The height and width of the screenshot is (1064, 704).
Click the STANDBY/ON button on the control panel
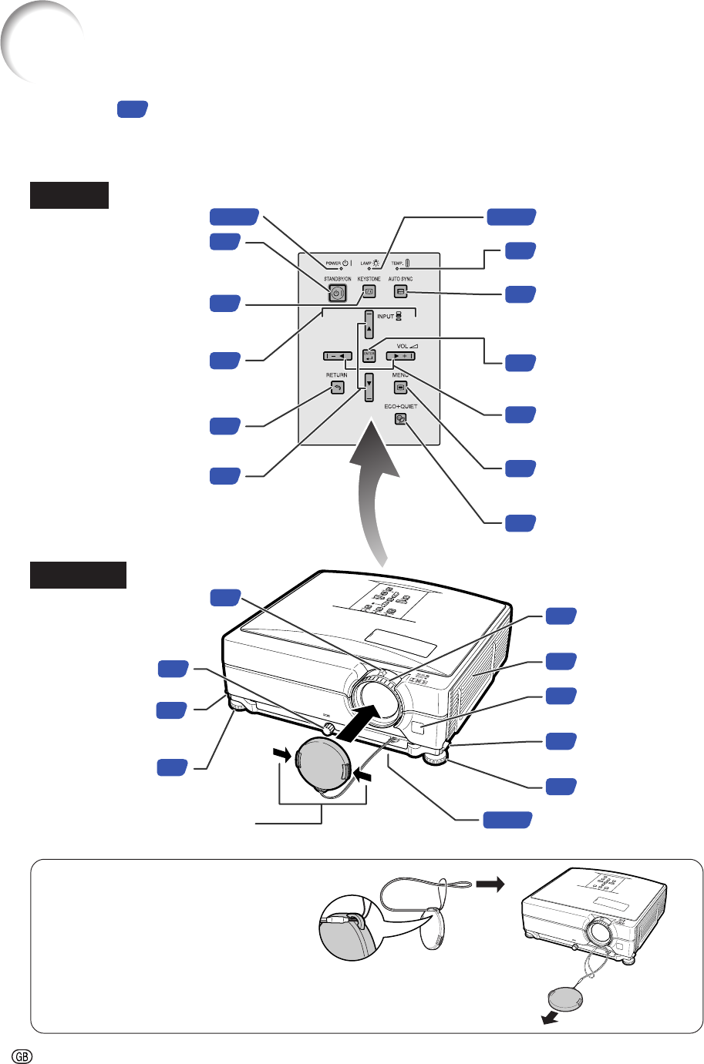tap(337, 293)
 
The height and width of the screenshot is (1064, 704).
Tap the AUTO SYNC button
tap(400, 292)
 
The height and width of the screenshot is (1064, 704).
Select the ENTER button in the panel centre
tap(369, 357)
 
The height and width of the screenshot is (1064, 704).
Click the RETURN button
tap(337, 388)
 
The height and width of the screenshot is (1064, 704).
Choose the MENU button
tap(400, 388)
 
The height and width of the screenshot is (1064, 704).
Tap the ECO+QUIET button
tap(399, 418)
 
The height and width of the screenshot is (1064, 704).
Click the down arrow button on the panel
tap(369, 385)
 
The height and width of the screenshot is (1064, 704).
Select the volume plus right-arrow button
tap(400, 356)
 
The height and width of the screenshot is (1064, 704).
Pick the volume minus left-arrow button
tap(338, 356)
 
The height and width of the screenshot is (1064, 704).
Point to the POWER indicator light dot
tap(329, 268)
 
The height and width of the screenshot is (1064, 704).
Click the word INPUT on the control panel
tap(386, 317)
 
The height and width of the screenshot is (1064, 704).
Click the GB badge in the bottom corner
tap(22, 1055)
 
